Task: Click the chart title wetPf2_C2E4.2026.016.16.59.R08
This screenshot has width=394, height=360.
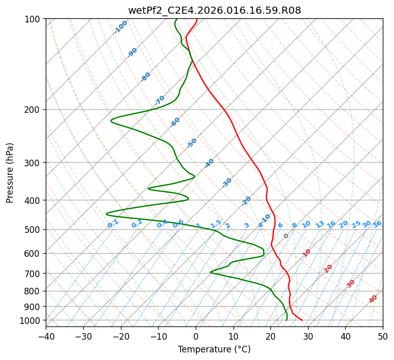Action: pos(214,10)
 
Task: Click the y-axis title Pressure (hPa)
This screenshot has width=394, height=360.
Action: pos(10,172)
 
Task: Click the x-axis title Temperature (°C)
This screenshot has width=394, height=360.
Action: pos(214,350)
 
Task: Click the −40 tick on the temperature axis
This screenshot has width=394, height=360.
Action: pos(46,336)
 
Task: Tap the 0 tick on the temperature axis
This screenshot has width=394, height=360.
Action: pos(196,336)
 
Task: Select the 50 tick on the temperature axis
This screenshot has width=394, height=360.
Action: pos(383,336)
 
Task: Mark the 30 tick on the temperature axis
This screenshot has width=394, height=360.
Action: pos(308,336)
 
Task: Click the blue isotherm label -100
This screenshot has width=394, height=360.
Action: pos(120,27)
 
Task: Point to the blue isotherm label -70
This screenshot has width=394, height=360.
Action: pos(160,100)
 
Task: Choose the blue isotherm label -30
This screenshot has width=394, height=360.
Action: pos(227,183)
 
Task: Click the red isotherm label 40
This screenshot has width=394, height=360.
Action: pos(373,299)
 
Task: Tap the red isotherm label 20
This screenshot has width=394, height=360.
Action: pos(328,268)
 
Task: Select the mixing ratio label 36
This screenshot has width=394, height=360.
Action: pos(377,224)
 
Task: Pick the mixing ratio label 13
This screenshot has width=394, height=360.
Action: pos(320,224)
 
